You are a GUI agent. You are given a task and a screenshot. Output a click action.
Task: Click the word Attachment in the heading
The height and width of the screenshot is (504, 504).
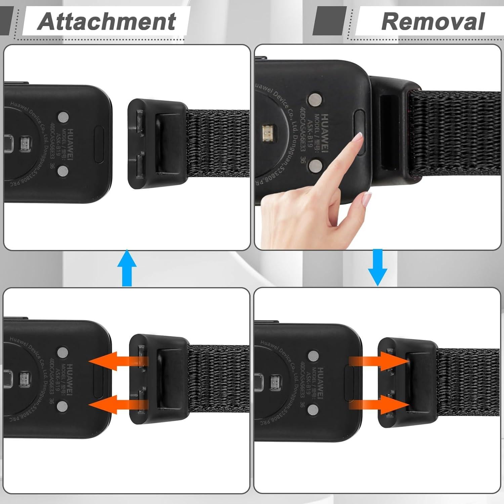pyautogui.click(x=107, y=22)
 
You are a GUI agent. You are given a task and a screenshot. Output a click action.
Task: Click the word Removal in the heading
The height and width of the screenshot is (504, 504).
pyautogui.click(x=433, y=22)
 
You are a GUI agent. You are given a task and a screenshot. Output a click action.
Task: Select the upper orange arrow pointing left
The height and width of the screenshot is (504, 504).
pyautogui.click(x=116, y=361)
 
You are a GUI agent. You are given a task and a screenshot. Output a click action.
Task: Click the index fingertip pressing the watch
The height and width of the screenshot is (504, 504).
pyautogui.click(x=358, y=139)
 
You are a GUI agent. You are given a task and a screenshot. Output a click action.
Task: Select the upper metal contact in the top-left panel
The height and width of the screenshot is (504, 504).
pyautogui.click(x=63, y=117)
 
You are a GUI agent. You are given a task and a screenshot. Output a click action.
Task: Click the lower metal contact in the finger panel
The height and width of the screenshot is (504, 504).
pyautogui.click(x=316, y=165)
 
